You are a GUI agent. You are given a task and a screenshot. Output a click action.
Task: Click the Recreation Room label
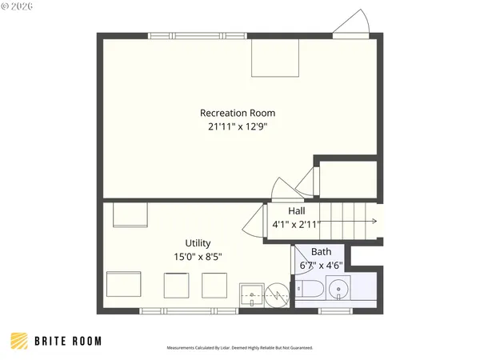click(x=239, y=113)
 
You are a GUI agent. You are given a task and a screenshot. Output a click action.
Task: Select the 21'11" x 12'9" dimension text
click(x=239, y=126)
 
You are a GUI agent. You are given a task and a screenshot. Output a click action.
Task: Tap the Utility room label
click(x=198, y=242)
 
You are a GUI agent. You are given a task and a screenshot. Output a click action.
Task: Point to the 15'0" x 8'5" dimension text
click(x=198, y=257)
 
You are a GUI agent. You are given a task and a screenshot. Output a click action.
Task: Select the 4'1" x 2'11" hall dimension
click(x=296, y=225)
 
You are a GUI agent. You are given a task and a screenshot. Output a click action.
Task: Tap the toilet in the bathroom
click(x=311, y=289)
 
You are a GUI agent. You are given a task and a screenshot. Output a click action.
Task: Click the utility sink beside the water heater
click(x=253, y=295)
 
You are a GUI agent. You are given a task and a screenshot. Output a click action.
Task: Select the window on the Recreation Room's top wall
click(x=196, y=35)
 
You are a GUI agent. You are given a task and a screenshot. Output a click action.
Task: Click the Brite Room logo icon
click(x=19, y=341)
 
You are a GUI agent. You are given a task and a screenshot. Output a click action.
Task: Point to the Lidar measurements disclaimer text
click(x=239, y=348)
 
